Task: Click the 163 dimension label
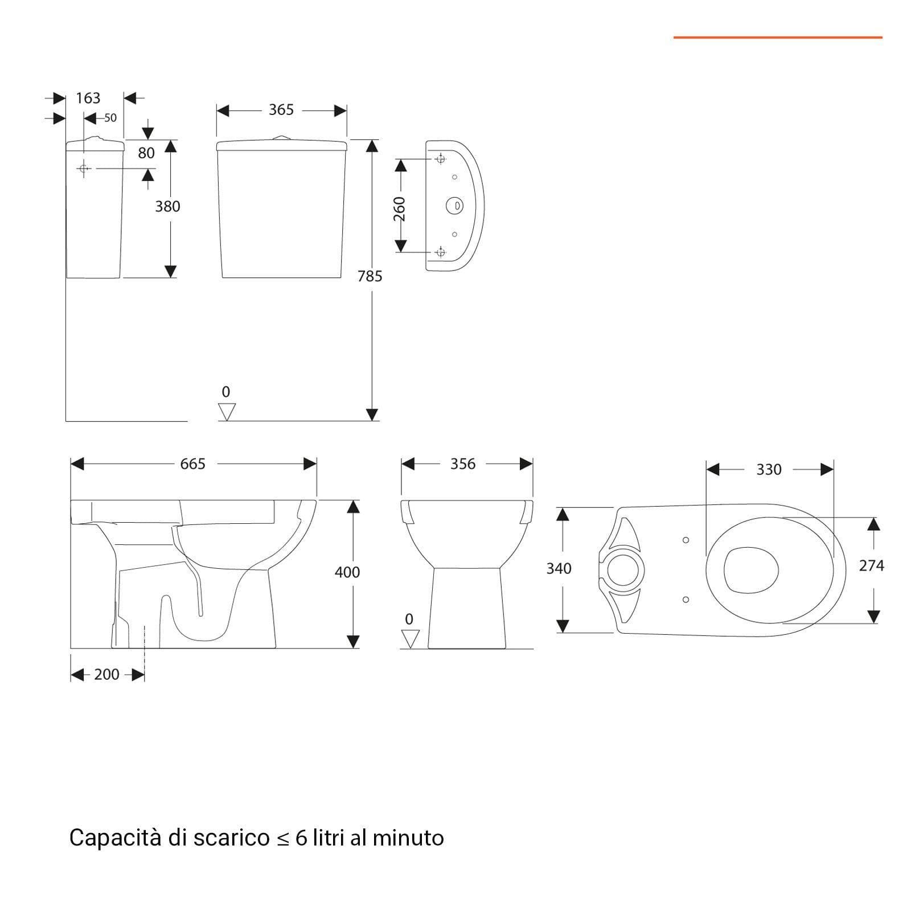88,98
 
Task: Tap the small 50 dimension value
110,118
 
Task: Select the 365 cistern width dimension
281,109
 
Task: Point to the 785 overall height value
370,276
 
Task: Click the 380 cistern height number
167,206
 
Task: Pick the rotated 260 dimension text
400,209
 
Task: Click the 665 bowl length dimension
192,464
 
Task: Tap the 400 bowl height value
347,572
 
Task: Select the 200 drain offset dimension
106,674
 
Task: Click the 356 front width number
463,464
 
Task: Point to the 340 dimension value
559,568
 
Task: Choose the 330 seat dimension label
769,470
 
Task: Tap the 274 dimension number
872,565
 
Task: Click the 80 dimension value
146,153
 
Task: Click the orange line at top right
778,38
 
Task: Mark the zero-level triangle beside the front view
410,639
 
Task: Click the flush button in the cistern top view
454,205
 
